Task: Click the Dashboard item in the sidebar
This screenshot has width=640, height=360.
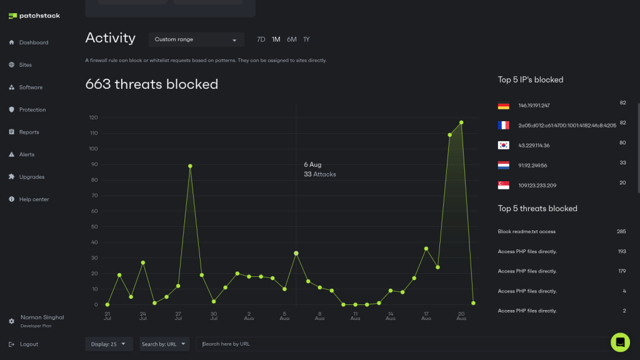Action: coord(33,42)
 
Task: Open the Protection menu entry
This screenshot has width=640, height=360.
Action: coord(32,110)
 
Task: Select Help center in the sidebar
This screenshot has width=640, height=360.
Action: coord(34,199)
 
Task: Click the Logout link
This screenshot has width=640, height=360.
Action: coord(28,344)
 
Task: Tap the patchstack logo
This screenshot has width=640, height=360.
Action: coord(34,16)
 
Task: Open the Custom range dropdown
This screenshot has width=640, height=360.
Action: coord(196,39)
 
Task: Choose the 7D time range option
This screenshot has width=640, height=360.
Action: coord(261,39)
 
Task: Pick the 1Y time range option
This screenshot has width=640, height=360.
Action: coord(306,39)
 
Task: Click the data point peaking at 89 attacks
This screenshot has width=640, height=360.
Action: coord(190,166)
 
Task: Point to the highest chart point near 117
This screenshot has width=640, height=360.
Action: coord(461,122)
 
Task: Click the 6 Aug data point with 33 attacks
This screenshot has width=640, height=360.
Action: coord(296,253)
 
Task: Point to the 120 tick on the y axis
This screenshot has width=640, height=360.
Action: coord(94,117)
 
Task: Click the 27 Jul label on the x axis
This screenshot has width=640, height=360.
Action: coord(178,316)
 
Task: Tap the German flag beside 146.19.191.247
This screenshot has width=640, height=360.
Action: coord(504,106)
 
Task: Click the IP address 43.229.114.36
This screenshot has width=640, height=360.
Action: coord(534,146)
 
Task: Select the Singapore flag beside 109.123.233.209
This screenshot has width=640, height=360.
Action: coord(504,185)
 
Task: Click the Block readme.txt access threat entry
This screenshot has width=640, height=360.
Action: coord(526,231)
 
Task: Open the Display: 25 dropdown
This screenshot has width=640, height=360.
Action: coord(109,344)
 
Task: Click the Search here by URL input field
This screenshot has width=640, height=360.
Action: coord(400,344)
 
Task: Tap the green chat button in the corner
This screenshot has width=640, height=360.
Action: coord(620,342)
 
